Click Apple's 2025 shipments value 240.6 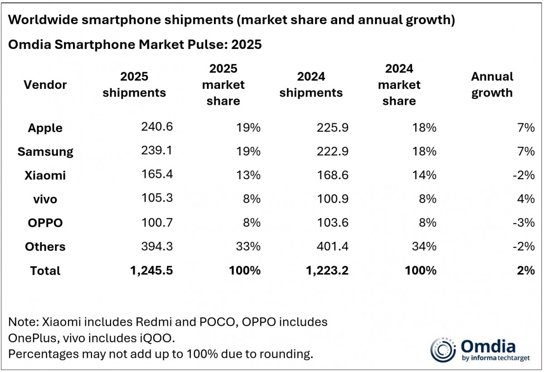coord(157,127)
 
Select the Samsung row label coord(45,152)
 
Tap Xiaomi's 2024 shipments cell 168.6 coord(333,175)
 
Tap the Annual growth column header coord(492,84)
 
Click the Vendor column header coord(45,84)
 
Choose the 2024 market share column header coord(399,84)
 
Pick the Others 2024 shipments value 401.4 coord(333,246)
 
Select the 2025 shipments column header coord(134,84)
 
